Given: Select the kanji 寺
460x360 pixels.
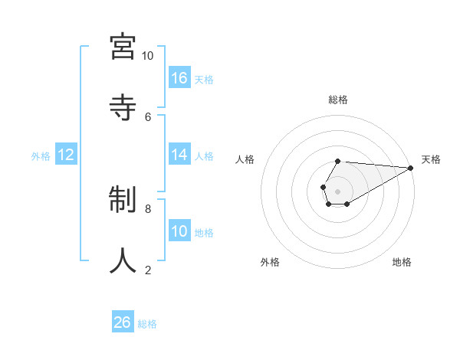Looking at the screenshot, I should pyautogui.click(x=123, y=106).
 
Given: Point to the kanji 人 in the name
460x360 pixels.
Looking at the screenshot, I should pyautogui.click(x=123, y=260).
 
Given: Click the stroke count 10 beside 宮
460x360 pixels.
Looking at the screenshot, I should pyautogui.click(x=147, y=56).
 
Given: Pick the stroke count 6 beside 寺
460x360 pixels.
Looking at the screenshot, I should pyautogui.click(x=148, y=116).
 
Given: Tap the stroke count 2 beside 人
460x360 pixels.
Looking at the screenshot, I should pyautogui.click(x=148, y=270).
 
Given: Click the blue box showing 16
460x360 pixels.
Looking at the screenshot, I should pyautogui.click(x=179, y=77).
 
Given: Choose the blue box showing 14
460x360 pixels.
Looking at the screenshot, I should pyautogui.click(x=179, y=155).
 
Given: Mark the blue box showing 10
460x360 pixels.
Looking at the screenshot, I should pyautogui.click(x=179, y=231).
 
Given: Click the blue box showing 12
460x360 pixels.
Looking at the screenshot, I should pyautogui.click(x=66, y=155).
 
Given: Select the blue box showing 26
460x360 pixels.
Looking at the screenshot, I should pyautogui.click(x=123, y=322).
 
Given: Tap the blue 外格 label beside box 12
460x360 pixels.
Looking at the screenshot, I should pyautogui.click(x=41, y=156).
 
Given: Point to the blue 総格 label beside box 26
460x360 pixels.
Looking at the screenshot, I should pyautogui.click(x=147, y=324).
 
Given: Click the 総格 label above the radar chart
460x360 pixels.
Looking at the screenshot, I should pyautogui.click(x=337, y=100).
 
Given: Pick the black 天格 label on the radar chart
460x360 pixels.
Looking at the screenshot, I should pyautogui.click(x=431, y=159).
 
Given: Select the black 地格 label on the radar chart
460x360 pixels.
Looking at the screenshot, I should pyautogui.click(x=402, y=262).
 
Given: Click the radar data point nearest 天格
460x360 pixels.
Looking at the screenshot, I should pyautogui.click(x=411, y=167).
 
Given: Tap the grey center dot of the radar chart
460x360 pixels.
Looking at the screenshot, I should pyautogui.click(x=337, y=190).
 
